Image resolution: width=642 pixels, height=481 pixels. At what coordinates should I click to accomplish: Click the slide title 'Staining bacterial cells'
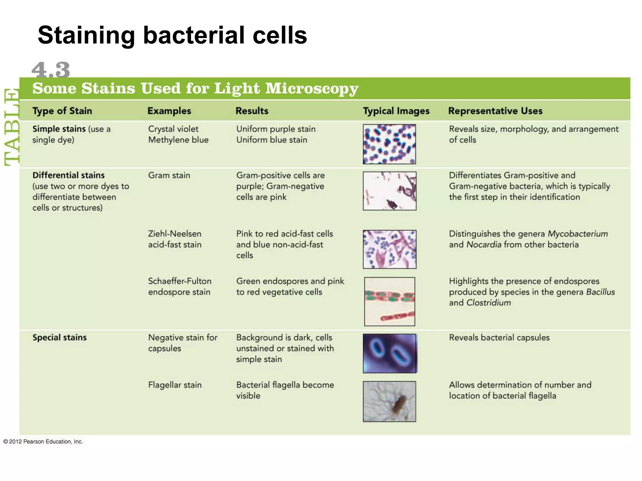click(x=172, y=35)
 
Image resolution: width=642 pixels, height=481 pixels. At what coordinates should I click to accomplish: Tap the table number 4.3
click(x=51, y=70)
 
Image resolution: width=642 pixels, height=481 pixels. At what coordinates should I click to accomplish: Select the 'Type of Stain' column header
click(x=62, y=111)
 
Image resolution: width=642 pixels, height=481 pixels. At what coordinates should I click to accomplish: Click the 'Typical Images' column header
click(x=396, y=111)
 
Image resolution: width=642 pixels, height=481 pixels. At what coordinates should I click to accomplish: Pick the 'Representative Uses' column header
click(x=495, y=111)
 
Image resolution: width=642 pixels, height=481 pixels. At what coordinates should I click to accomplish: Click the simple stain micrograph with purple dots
click(x=389, y=144)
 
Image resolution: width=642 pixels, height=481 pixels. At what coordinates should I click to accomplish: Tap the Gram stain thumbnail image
click(x=389, y=191)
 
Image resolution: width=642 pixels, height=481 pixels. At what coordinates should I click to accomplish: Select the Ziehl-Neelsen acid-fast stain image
click(x=389, y=249)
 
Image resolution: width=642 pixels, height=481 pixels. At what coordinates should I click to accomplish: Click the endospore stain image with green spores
click(x=389, y=301)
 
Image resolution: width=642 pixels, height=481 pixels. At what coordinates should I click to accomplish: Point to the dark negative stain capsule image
click(x=390, y=353)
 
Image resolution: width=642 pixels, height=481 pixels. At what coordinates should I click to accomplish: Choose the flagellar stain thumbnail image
click(x=389, y=401)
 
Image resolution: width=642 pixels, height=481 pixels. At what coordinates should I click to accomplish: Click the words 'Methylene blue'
click(x=178, y=140)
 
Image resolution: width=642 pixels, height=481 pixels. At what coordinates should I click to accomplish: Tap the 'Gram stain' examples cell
click(x=169, y=175)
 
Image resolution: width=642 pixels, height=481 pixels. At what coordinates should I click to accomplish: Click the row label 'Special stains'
click(x=60, y=338)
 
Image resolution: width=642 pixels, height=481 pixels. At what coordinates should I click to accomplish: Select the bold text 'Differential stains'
click(x=68, y=175)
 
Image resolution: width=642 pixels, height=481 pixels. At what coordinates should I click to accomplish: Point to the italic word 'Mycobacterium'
click(x=577, y=234)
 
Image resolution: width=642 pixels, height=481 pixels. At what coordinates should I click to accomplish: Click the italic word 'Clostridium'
click(x=488, y=303)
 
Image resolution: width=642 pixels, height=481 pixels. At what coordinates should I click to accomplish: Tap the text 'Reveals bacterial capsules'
click(x=499, y=338)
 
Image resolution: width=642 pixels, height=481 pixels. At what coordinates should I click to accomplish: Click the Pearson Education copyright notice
click(x=43, y=442)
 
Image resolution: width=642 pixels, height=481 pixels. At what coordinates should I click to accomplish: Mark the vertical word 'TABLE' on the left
click(x=12, y=127)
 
